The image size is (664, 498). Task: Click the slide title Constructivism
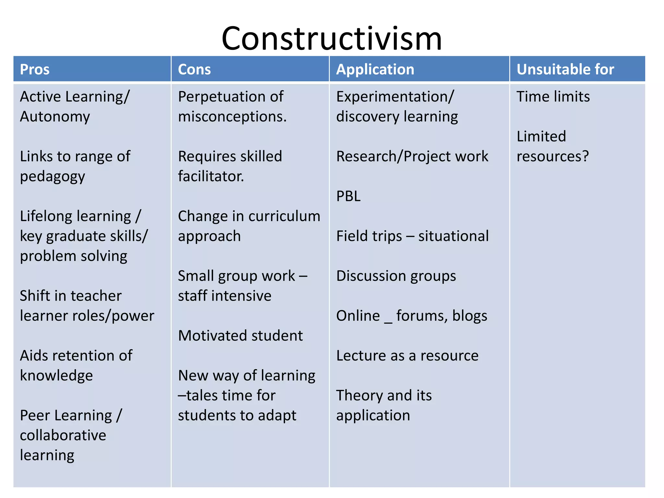click(331, 39)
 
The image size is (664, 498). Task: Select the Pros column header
click(35, 69)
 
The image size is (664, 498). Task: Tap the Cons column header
click(194, 69)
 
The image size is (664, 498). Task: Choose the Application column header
click(375, 69)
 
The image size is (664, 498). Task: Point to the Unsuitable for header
click(565, 69)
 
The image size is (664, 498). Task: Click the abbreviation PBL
click(348, 196)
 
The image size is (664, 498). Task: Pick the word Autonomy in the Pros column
click(55, 117)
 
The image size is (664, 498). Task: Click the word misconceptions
click(232, 117)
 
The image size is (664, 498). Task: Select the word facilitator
click(211, 176)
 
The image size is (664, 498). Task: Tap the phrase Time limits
click(553, 97)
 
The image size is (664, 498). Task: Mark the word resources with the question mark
click(552, 156)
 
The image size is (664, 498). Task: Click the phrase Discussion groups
click(396, 276)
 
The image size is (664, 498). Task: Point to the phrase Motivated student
click(240, 336)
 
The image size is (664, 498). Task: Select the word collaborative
click(63, 435)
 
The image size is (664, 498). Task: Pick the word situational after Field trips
click(453, 236)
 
